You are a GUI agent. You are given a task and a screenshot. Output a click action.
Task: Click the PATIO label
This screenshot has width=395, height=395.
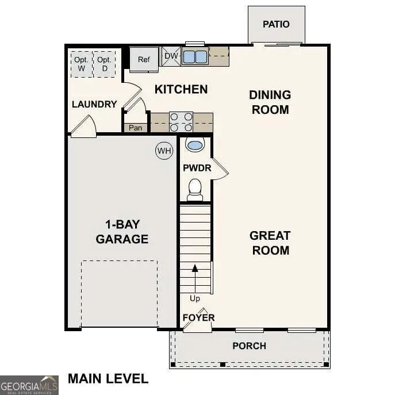[x=276, y=24]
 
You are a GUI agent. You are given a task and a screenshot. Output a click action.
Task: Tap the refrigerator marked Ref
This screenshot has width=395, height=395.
[x=144, y=59]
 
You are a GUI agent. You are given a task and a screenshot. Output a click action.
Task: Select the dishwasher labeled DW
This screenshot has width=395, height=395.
[x=171, y=56]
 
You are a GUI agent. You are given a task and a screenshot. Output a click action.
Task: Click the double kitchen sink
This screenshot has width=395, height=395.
[x=195, y=56]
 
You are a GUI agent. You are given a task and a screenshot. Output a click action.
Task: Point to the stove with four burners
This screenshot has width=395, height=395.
[x=181, y=122]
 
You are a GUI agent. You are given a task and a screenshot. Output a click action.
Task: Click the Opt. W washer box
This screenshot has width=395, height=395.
[x=81, y=64]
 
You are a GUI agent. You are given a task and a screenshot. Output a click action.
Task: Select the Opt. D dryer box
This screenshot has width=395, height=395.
[x=104, y=64]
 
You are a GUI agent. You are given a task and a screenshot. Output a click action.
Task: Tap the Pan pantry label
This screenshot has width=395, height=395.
[x=135, y=128]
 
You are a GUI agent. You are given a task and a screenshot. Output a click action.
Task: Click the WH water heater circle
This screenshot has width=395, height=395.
[x=164, y=151]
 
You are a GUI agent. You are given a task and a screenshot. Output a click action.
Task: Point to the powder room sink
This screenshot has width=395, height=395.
[x=195, y=145]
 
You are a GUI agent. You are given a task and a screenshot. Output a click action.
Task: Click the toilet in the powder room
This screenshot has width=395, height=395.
[x=195, y=189]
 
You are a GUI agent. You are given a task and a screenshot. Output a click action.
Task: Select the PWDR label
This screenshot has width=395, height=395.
[x=197, y=168]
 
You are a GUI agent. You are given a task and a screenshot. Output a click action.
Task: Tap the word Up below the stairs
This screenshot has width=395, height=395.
[x=195, y=298]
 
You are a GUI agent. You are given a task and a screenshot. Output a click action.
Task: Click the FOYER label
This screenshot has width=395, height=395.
[x=198, y=317]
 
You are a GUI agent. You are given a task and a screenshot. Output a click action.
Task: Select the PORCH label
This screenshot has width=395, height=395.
[x=249, y=346]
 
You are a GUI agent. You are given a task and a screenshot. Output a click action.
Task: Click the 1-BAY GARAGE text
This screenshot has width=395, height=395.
[x=122, y=232]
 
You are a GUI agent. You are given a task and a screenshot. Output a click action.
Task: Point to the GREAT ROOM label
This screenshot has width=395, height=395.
[x=270, y=243]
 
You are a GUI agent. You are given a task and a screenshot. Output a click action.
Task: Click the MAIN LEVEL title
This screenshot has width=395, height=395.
[x=108, y=378]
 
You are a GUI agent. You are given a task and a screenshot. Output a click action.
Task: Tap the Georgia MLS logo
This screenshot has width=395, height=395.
[x=29, y=385]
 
